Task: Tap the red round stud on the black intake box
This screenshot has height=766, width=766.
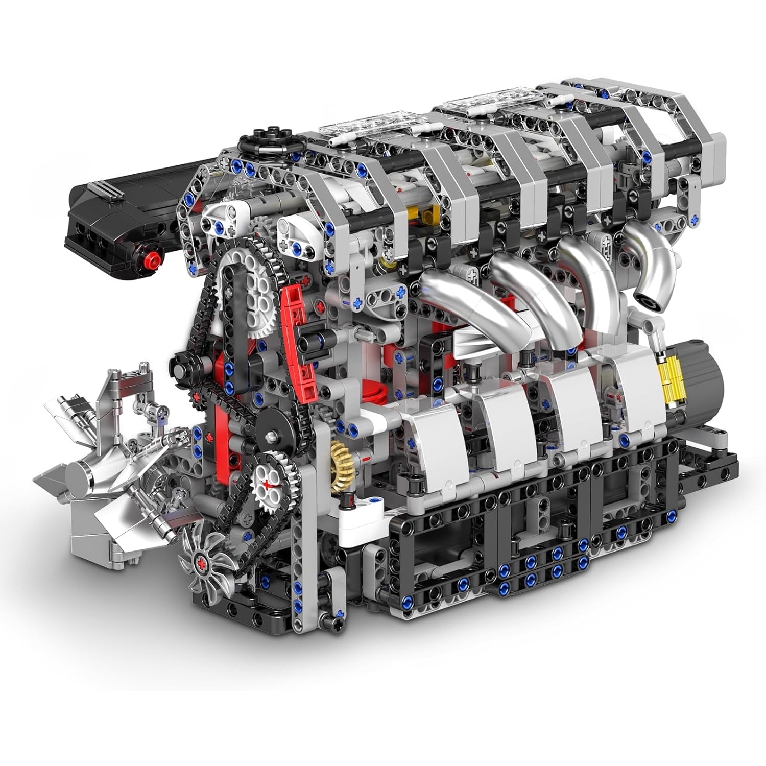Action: tap(152, 256)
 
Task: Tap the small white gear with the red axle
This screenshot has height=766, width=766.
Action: tap(268, 483)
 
